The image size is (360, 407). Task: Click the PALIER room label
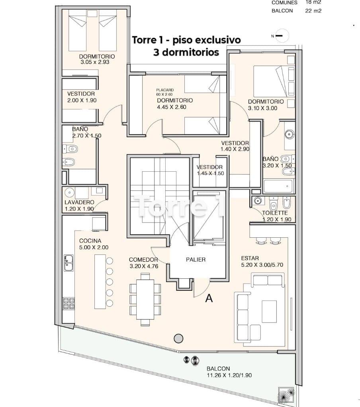(196, 260)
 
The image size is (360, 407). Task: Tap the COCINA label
(90, 241)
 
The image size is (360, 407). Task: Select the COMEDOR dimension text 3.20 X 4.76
(144, 266)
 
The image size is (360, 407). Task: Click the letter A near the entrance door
(209, 299)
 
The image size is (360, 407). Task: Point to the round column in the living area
(178, 338)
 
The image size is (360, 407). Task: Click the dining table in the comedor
(145, 299)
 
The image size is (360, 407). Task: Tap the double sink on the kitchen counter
(68, 263)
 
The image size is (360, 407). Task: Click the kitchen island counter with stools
(100, 282)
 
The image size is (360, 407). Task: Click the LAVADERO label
(79, 202)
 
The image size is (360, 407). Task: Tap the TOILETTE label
(275, 213)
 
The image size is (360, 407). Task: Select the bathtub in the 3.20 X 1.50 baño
(278, 186)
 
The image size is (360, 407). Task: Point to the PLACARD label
(165, 90)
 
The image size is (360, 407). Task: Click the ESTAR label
(250, 258)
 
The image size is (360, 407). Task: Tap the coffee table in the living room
(269, 311)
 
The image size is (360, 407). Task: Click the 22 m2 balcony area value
(313, 11)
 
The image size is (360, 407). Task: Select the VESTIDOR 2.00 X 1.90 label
(82, 97)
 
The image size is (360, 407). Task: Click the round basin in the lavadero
(69, 193)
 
